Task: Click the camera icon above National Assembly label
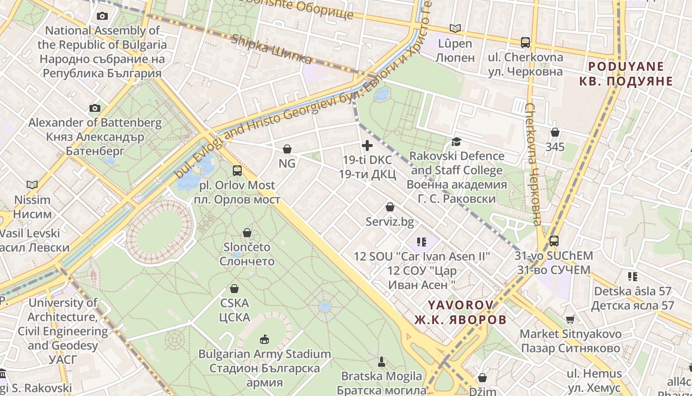[102, 16]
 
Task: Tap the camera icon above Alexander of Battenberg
[95, 108]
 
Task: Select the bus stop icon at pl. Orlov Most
[237, 171]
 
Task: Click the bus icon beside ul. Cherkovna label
[525, 43]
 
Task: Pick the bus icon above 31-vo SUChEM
[554, 241]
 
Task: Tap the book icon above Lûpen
[455, 29]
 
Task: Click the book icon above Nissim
[32, 185]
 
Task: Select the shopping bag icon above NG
[287, 148]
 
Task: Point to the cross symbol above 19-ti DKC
[367, 146]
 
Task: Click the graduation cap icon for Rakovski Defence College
[456, 142]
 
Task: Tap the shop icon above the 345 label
[555, 132]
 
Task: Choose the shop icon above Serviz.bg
[390, 207]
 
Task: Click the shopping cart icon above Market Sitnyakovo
[570, 319]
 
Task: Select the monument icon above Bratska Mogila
[381, 362]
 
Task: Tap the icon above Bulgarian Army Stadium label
[264, 339]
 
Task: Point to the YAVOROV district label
[461, 305]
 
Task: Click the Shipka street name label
[271, 49]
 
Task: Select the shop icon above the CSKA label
[234, 289]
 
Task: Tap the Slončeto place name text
[247, 247]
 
